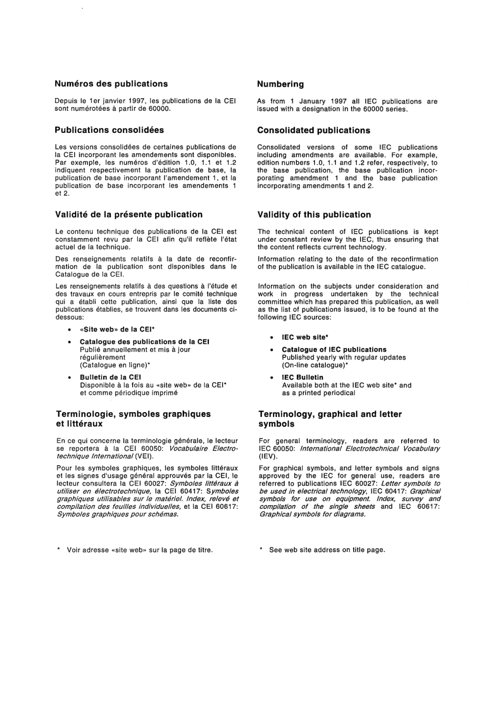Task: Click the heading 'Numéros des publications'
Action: (x=111, y=84)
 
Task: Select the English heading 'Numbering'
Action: (x=280, y=84)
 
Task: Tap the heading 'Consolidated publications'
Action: (x=314, y=130)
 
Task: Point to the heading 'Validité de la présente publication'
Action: (x=129, y=214)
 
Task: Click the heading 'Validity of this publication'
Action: (x=314, y=214)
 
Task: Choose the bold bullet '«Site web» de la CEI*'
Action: (x=117, y=330)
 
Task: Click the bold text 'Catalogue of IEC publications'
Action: (x=334, y=350)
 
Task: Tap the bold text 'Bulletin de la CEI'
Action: (x=111, y=377)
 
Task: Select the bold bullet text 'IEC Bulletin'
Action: (x=303, y=377)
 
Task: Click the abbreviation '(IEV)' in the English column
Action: (x=268, y=456)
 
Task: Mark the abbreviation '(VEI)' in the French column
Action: (x=145, y=456)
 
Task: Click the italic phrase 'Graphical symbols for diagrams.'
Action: (x=312, y=514)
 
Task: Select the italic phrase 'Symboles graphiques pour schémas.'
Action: (x=118, y=514)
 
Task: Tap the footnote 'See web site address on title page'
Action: (x=327, y=550)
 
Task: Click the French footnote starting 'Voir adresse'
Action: (x=139, y=550)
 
